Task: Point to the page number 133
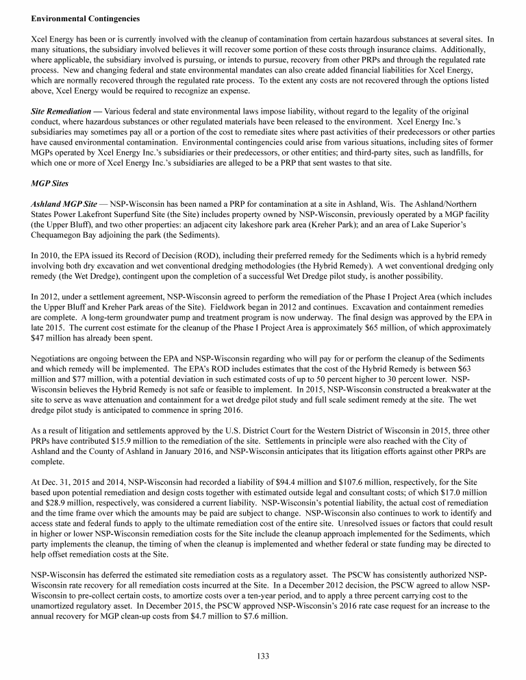click(262, 655)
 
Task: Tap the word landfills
click(453, 156)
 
